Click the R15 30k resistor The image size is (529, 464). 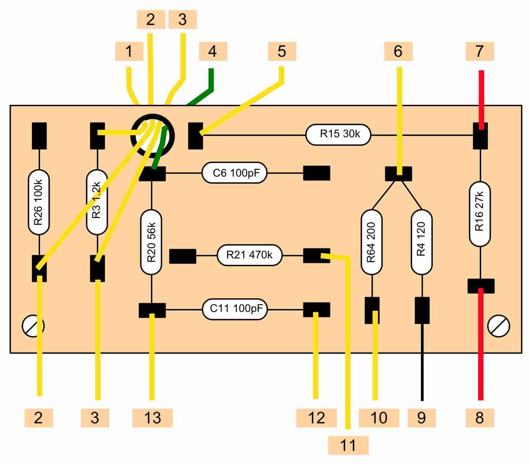(x=338, y=134)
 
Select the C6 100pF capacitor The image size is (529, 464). (x=234, y=173)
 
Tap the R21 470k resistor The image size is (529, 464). (x=249, y=255)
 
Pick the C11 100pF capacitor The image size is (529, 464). (x=234, y=309)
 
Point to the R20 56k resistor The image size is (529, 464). (x=151, y=242)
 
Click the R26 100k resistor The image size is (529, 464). (x=39, y=202)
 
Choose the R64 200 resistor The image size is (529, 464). (x=371, y=242)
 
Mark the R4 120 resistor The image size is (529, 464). (x=421, y=242)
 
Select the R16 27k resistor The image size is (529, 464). (x=480, y=214)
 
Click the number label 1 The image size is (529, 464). (x=129, y=51)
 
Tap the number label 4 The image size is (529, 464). (x=213, y=51)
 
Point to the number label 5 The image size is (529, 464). (x=282, y=51)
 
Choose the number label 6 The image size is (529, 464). (x=398, y=51)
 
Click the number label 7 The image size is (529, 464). (x=480, y=51)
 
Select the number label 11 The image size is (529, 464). (x=348, y=445)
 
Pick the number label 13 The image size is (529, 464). (x=152, y=418)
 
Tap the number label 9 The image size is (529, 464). (x=421, y=418)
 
